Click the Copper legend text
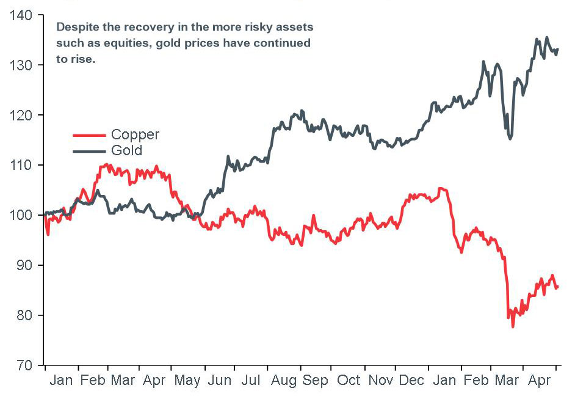click(x=135, y=135)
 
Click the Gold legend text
click(x=126, y=150)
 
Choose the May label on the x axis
click(x=187, y=381)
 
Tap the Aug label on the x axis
click(x=283, y=381)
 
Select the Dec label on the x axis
click(x=411, y=381)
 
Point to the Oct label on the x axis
click(x=349, y=381)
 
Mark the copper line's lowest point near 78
click(x=513, y=326)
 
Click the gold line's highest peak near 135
click(x=546, y=37)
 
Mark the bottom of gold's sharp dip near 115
click(x=510, y=139)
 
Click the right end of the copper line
click(x=557, y=287)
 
